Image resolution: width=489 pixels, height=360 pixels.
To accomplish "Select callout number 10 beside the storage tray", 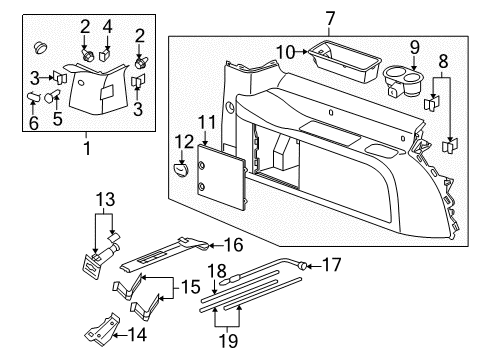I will click(x=285, y=52).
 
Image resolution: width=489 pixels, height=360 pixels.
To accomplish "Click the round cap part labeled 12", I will click(x=182, y=169).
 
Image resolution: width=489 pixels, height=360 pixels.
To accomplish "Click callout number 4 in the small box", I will click(x=109, y=26).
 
